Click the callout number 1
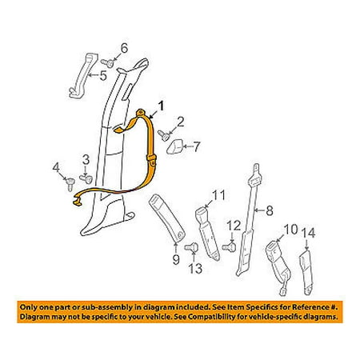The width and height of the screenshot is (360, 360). click(161, 106)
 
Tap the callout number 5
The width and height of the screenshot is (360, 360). click(103, 75)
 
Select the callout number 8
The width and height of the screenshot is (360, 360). click(270, 211)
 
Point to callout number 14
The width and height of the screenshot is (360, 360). click(309, 233)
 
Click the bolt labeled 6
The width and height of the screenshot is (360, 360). click(108, 62)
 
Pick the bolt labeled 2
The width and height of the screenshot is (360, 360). click(164, 134)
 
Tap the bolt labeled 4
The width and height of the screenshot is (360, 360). click(70, 183)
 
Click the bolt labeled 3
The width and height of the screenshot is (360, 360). click(86, 178)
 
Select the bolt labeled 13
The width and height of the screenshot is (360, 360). click(191, 247)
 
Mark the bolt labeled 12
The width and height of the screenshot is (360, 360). click(230, 246)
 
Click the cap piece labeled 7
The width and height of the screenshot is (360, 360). click(174, 147)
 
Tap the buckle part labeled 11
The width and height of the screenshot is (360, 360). click(207, 234)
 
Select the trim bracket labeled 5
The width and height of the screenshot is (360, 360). click(83, 75)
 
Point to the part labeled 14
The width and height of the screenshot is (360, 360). click(306, 272)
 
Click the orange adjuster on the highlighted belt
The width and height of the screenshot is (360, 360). click(151, 161)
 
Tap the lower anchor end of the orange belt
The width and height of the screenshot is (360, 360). click(78, 200)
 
